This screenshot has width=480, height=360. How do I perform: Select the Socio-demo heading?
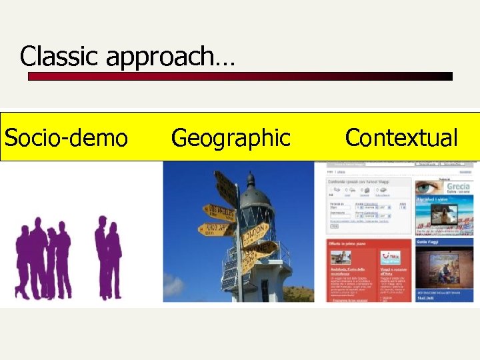65,138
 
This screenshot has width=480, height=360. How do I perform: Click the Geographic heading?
231,138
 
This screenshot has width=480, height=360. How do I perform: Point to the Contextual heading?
401,138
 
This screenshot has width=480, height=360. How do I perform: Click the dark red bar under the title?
240,77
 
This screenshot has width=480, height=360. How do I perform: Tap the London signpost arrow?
253,233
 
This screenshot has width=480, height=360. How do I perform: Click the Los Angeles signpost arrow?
219,213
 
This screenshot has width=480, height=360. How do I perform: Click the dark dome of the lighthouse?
250,193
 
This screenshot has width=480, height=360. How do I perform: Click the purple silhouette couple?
107,257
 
